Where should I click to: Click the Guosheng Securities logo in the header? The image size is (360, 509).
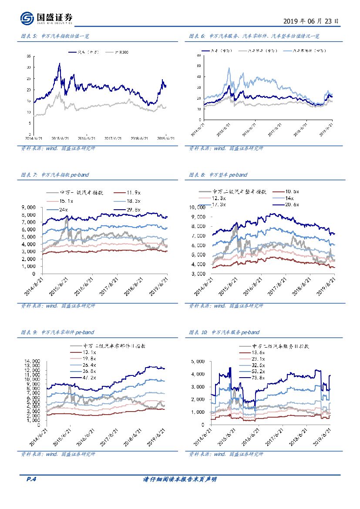click(46, 18)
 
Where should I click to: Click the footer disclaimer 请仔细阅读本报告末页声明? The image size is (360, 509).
click(180, 479)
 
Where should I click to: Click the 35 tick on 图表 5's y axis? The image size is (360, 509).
click(29, 57)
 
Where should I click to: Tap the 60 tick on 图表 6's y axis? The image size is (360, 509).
click(198, 56)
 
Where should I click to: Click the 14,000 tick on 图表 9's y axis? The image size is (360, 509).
click(34, 361)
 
